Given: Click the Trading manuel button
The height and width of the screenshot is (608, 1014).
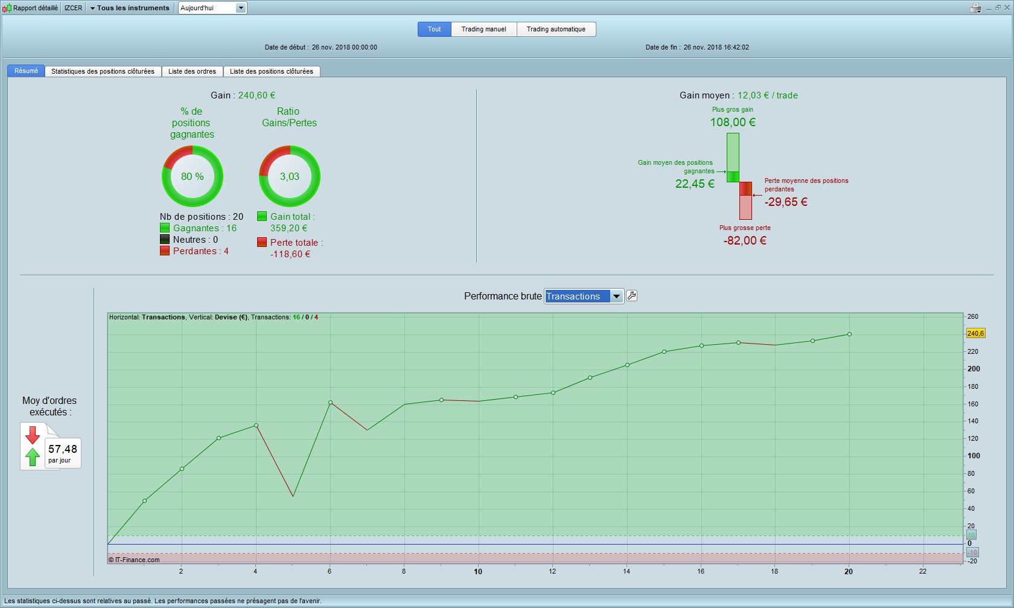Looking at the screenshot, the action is click(x=483, y=29).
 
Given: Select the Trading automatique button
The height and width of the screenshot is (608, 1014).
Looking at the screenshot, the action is click(x=556, y=29).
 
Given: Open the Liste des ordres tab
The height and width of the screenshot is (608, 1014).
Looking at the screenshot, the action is click(x=192, y=71).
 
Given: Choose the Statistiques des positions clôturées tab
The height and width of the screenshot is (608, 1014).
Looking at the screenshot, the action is click(x=103, y=71).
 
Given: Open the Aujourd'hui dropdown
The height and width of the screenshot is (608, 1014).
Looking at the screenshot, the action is click(x=212, y=8).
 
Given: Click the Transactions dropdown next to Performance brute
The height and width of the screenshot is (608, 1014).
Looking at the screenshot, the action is click(x=584, y=296).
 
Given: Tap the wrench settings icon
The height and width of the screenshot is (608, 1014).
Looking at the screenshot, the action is click(x=631, y=296).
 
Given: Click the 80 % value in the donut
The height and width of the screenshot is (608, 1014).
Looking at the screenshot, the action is click(x=193, y=176).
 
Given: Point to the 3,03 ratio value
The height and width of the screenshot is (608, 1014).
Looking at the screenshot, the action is click(x=290, y=176).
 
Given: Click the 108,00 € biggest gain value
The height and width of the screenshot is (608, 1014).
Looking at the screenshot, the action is click(x=733, y=122).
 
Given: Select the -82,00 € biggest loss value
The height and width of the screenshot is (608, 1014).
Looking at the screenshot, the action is click(x=745, y=240).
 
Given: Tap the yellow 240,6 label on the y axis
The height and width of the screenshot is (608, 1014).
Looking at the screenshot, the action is click(x=975, y=333).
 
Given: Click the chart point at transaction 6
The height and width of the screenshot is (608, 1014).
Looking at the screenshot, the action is click(x=331, y=402).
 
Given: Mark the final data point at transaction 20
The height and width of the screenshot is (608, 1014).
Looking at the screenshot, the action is click(x=849, y=334).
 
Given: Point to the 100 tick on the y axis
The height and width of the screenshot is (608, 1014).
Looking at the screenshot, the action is click(x=974, y=455).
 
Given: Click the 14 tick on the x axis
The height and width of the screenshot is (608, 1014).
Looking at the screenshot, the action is click(x=627, y=571).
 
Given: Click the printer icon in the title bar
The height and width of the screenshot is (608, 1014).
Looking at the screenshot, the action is click(x=975, y=8).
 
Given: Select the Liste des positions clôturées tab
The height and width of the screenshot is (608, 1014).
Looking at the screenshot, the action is click(x=272, y=71).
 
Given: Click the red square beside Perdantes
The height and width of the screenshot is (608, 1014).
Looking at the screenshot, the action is click(x=165, y=251).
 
